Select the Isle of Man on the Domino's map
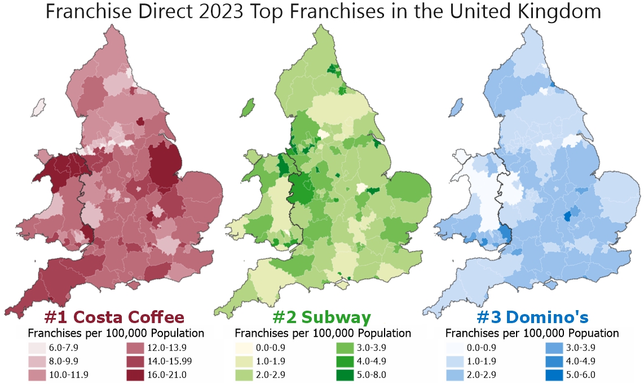457,105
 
